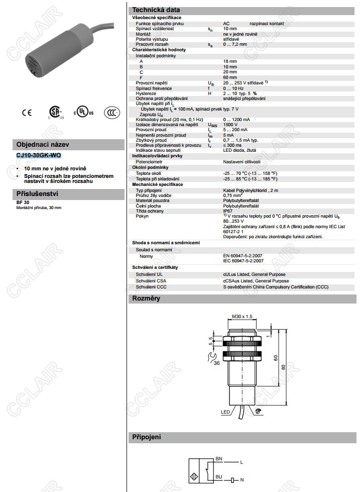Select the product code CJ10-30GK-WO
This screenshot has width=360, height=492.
coord(39,155)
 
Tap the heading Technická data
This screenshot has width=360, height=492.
coord(156,10)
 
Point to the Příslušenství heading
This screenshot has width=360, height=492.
coord(38,193)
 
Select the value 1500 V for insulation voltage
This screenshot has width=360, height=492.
coord(230,124)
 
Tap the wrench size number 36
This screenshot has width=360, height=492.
coord(216,363)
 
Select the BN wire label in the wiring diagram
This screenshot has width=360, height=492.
coord(218,459)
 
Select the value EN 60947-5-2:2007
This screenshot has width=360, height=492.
coord(244,256)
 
